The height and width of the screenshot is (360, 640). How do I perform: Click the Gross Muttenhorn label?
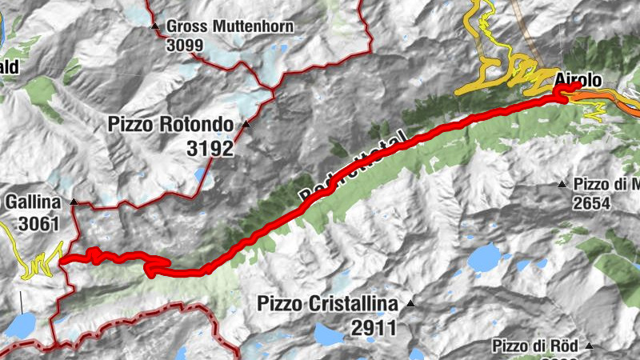(x=230, y=27)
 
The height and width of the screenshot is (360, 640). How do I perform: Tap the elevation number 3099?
(x=185, y=45)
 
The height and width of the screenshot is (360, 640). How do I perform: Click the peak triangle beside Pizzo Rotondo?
(x=246, y=126)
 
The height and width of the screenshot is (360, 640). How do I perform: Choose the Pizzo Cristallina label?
(x=327, y=304)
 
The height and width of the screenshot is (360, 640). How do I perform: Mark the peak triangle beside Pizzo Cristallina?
(x=410, y=304)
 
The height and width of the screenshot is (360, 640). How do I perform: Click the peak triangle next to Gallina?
(x=74, y=202)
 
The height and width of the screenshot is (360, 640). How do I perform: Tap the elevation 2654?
(x=591, y=204)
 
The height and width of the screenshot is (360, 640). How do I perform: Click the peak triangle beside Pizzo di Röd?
(x=590, y=346)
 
